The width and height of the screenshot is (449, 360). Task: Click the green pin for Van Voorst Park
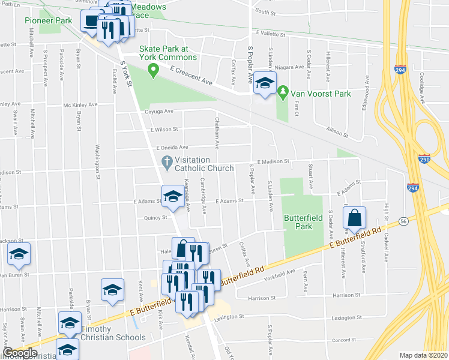pyautogui.click(x=283, y=92)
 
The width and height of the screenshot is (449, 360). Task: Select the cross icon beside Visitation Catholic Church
pyautogui.click(x=167, y=160)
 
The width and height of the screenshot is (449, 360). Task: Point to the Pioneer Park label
pyautogui.click(x=49, y=20)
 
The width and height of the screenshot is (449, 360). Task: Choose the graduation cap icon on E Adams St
pyautogui.click(x=173, y=196)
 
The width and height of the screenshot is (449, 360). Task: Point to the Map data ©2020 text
pyautogui.click(x=424, y=355)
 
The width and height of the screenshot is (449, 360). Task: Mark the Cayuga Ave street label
pyautogui.click(x=158, y=111)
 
